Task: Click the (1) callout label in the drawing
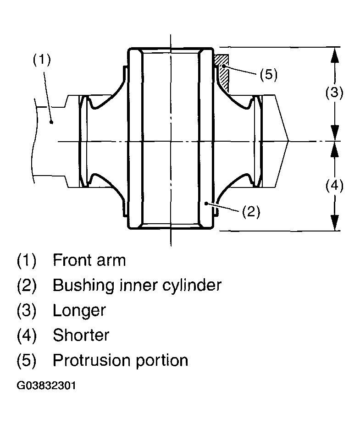[42, 60]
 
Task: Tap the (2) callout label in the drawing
[251, 211]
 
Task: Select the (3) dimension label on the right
[334, 93]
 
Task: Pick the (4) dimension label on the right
[334, 186]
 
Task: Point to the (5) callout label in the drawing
[269, 74]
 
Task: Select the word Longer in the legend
[79, 310]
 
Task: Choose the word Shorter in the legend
[81, 336]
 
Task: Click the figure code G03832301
[46, 385]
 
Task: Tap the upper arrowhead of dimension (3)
[335, 55]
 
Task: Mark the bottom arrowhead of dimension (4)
[335, 223]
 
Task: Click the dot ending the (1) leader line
[51, 122]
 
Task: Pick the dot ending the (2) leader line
[206, 204]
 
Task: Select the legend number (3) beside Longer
[27, 310]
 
